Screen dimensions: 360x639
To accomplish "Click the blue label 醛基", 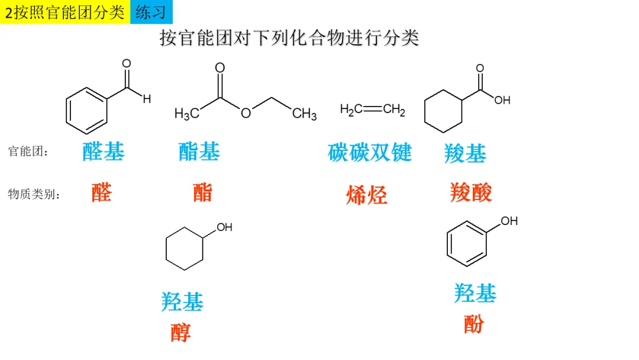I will tap(104, 152).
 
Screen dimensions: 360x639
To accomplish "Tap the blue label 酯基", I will tap(199, 152).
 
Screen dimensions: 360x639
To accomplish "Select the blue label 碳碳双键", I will tap(370, 152).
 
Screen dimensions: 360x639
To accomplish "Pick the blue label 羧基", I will tap(465, 154).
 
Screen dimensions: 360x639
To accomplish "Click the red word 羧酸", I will tap(471, 192).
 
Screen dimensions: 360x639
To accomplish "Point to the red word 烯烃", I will tap(367, 194).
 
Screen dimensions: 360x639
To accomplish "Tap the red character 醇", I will tap(181, 332).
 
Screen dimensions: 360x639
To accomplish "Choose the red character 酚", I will tap(473, 323).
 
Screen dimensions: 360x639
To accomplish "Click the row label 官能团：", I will tap(28, 152).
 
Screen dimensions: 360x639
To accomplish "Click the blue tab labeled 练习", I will tap(151, 12).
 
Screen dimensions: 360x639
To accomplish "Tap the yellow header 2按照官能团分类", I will tap(65, 12).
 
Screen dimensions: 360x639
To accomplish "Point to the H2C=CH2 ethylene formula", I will tap(372, 110).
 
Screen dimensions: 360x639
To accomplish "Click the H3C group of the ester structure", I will tap(186, 113).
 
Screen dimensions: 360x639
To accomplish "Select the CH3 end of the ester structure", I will tap(305, 113).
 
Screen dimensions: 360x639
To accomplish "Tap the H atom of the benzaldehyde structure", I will tap(147, 99).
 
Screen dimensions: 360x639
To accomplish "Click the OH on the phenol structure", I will tap(509, 221).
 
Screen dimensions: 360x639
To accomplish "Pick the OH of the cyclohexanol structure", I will tap(224, 227).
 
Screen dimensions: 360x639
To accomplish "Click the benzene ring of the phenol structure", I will tap(466, 244).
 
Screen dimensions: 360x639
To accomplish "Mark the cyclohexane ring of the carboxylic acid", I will tap(443, 111).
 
